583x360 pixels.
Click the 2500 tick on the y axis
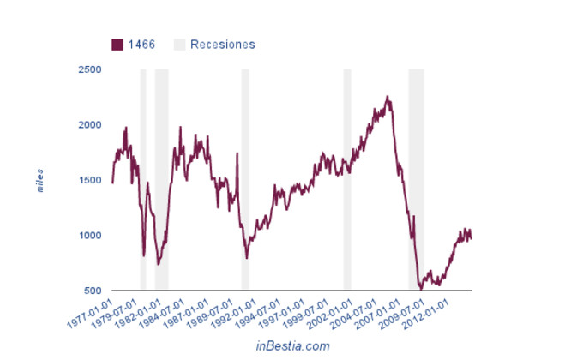(89, 69)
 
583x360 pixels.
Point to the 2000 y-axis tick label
(89, 125)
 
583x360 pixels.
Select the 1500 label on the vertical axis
(89, 180)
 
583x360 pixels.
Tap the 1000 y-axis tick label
(89, 236)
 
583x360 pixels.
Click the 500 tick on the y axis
(92, 291)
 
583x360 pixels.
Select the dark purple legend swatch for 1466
(117, 45)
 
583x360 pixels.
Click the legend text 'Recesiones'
(222, 45)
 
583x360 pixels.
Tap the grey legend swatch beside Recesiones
(179, 45)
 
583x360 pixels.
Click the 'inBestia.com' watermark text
(292, 345)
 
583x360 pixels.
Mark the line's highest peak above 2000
(388, 97)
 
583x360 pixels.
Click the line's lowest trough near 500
(421, 289)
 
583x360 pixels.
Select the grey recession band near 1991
(245, 180)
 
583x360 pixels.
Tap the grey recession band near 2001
(347, 180)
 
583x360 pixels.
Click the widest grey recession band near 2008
(416, 180)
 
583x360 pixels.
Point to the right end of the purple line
(471, 239)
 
